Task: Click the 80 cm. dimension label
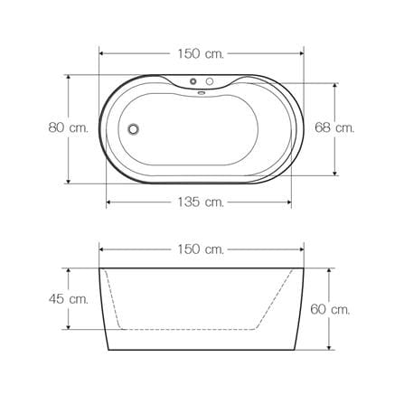(69, 128)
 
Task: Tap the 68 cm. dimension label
(334, 127)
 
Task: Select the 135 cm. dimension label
(201, 202)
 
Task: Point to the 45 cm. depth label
(69, 299)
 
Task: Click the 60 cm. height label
(330, 309)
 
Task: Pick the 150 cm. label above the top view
(201, 53)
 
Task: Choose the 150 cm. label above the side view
(201, 249)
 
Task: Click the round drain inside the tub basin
(133, 129)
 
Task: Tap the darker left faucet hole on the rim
(193, 81)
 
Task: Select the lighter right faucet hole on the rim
(210, 81)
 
